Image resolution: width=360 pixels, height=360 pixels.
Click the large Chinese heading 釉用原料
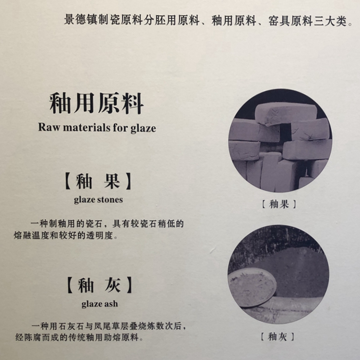click(x=96, y=103)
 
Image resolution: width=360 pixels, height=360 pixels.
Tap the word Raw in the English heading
click(x=49, y=127)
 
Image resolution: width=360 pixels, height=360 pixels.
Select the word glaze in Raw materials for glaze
click(x=143, y=128)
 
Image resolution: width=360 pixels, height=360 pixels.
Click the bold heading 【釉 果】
click(x=98, y=181)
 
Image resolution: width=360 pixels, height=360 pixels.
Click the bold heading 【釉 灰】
click(x=99, y=285)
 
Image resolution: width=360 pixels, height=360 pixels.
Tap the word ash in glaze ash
click(x=111, y=304)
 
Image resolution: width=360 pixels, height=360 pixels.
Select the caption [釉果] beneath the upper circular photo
click(x=279, y=204)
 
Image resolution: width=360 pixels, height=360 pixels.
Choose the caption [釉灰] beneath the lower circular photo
click(x=278, y=337)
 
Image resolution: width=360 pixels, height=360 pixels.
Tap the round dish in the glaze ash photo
click(x=252, y=288)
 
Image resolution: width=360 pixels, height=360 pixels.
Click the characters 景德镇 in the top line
click(x=81, y=20)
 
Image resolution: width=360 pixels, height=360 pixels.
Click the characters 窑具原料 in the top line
click(x=290, y=21)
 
